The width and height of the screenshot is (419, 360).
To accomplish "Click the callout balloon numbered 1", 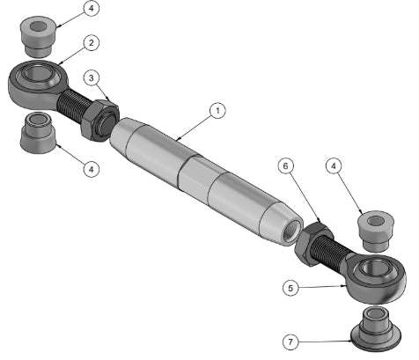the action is click(217, 111).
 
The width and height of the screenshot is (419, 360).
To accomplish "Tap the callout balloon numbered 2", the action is click(92, 43).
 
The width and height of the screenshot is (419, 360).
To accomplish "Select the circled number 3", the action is click(92, 78).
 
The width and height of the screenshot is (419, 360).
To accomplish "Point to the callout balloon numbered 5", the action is click(290, 288).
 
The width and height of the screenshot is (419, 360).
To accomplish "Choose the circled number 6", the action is click(285, 166).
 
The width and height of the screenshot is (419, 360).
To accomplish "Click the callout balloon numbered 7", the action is click(290, 342).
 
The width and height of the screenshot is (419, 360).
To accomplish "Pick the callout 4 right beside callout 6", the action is click(334, 166).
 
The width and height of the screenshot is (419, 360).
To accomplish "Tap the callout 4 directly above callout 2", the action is click(92, 8).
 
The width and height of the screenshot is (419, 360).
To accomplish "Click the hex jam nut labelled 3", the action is click(99, 121).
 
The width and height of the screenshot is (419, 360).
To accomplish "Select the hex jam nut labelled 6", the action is click(314, 244).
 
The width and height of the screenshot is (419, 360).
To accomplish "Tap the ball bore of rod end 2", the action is click(36, 71).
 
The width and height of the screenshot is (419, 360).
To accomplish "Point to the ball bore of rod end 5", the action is click(372, 268).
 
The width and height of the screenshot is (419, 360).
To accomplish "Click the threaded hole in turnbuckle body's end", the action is click(292, 231).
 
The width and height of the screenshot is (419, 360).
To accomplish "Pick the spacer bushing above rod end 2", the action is click(38, 36).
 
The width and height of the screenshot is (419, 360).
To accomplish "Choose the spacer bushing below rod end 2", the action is click(38, 133).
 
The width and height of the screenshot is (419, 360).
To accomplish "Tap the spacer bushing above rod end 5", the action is click(376, 231).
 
